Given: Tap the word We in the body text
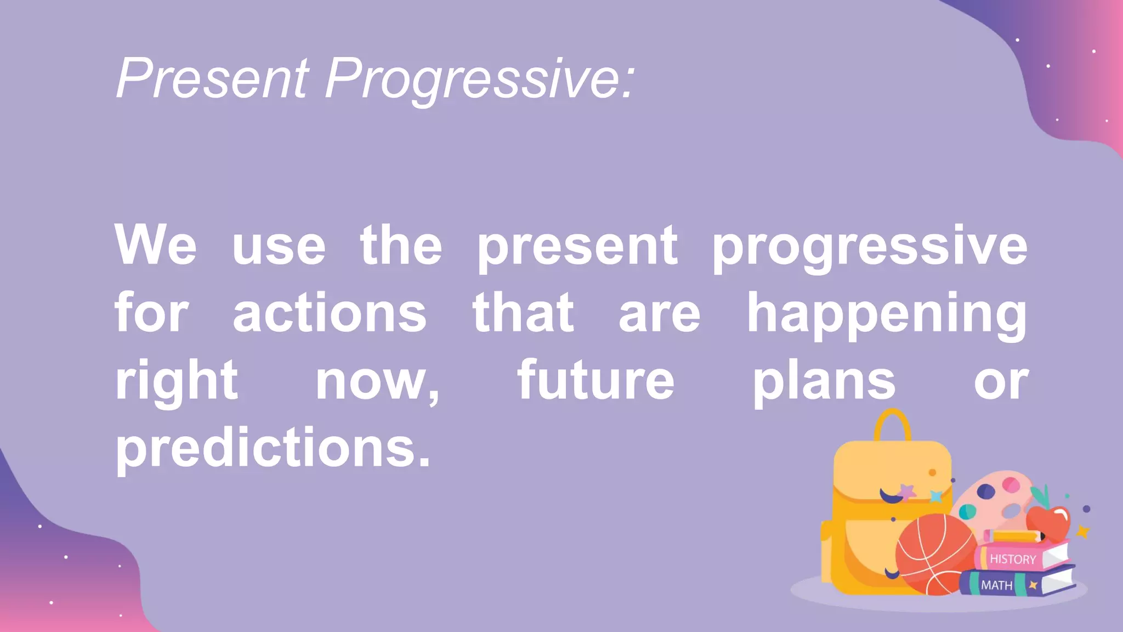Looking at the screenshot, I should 155,245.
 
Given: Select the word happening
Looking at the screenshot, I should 887,314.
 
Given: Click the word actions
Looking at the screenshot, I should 330,314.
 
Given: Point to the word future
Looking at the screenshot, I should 595,381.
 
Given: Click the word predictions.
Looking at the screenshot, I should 273,448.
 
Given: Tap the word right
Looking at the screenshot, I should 176,381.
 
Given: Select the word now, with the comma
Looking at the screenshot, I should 377,381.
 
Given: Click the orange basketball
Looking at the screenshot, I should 935,554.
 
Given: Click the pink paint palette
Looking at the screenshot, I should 995,496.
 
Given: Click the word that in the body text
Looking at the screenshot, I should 523,314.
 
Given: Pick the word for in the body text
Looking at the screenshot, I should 151,314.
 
